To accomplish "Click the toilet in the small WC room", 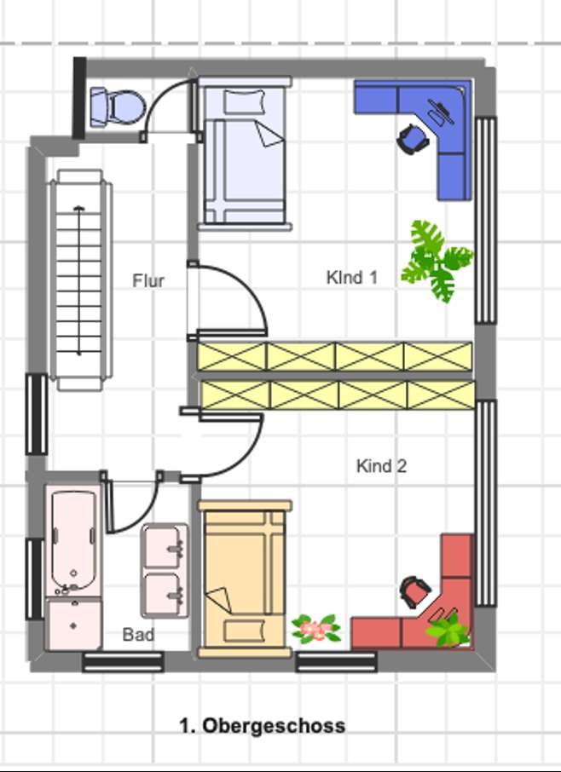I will (x=116, y=107).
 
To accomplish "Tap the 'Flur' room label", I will (x=148, y=280).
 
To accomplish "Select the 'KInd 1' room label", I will (x=351, y=277).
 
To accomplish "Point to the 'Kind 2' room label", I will (x=381, y=466).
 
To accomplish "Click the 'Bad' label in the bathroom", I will (x=138, y=635).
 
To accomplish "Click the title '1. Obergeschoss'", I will (x=263, y=726).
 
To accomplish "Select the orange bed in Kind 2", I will (x=245, y=579).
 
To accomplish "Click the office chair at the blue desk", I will (x=414, y=138).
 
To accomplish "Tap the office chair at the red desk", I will (x=415, y=591).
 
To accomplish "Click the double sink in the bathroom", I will (x=165, y=569).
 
